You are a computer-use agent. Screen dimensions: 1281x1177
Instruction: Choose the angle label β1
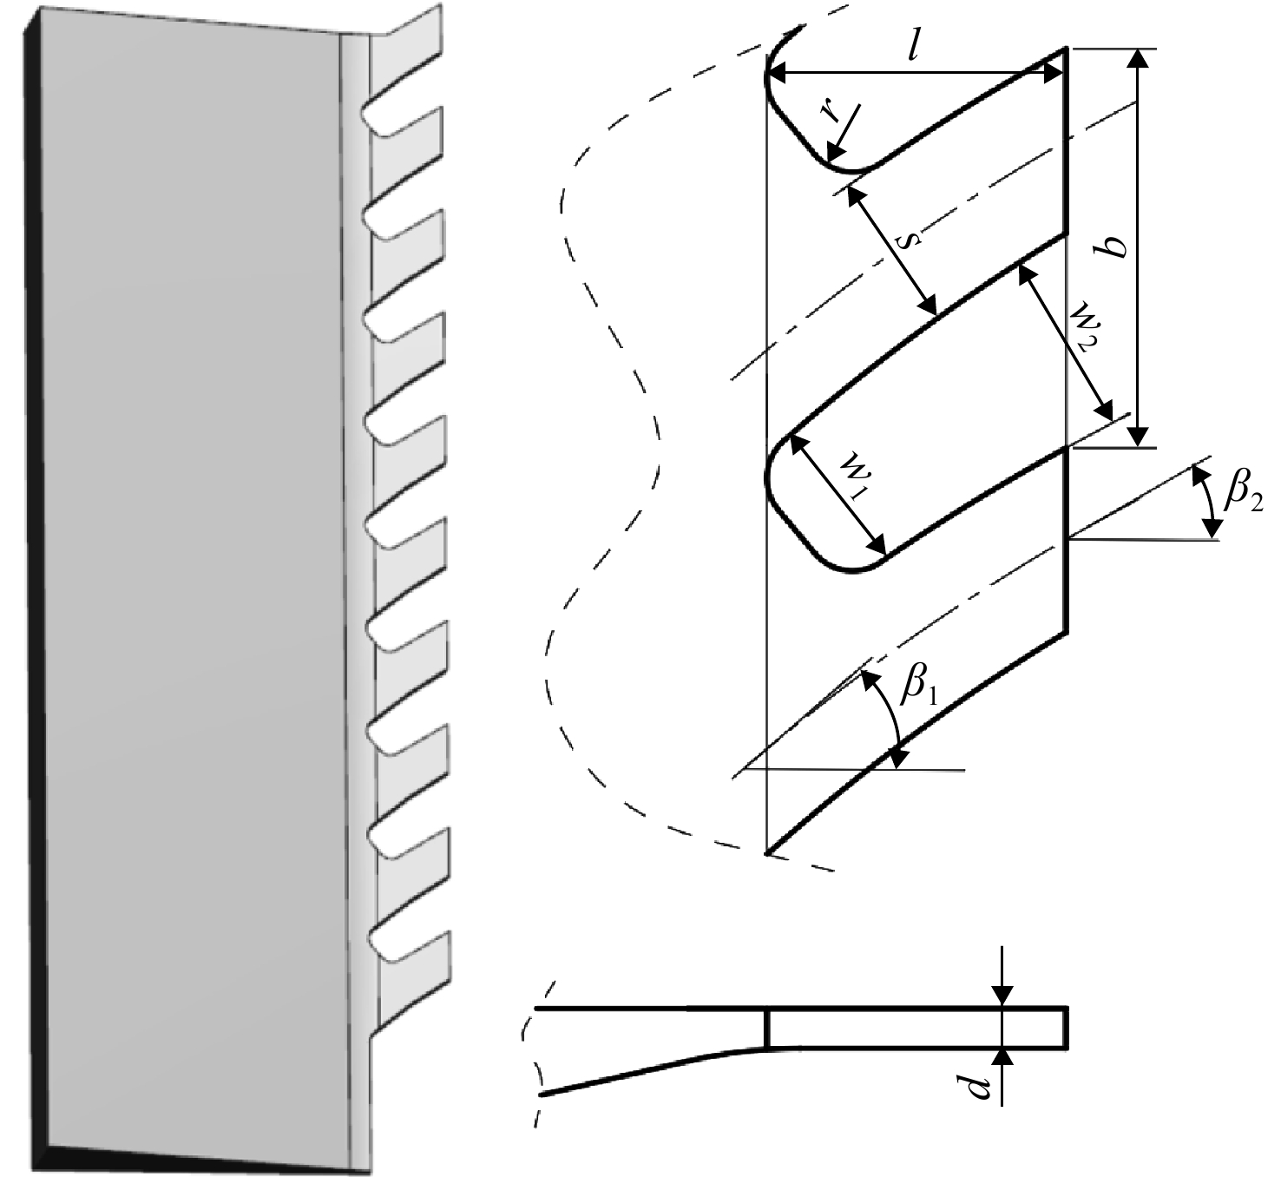(918, 687)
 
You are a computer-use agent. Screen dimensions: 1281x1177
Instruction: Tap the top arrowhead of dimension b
(1137, 57)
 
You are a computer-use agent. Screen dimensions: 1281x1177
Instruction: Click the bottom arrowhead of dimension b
(1137, 437)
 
